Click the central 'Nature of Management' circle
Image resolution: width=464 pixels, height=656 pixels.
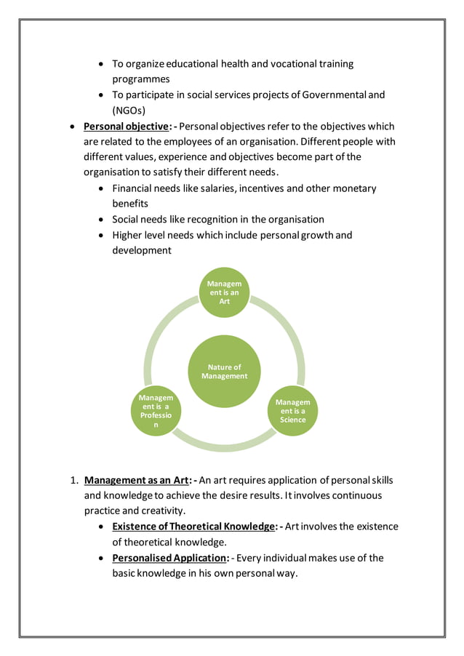pos(224,372)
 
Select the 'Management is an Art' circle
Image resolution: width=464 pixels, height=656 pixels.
pos(224,292)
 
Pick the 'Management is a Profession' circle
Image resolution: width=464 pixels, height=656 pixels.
pos(156,411)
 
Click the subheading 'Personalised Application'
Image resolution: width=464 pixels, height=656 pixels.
pos(166,558)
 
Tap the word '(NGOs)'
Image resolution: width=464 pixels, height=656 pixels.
pos(129,111)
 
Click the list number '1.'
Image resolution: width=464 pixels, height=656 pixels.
pos(73,481)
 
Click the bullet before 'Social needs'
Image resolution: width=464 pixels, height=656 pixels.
pos(101,220)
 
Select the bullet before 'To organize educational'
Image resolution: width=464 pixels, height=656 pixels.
pos(101,64)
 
